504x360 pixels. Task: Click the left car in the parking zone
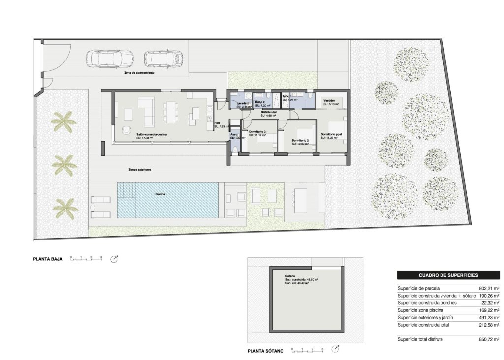(x=109, y=59)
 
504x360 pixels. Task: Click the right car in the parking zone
(x=163, y=59)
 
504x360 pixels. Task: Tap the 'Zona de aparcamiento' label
(x=139, y=72)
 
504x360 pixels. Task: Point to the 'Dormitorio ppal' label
(x=331, y=134)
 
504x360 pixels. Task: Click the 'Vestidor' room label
(x=328, y=100)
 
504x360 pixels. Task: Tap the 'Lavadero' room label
(x=243, y=103)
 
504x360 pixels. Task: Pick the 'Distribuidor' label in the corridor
(x=268, y=112)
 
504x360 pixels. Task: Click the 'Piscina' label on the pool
(x=160, y=194)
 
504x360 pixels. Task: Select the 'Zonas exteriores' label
(x=139, y=169)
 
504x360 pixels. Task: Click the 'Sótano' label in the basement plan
(x=290, y=276)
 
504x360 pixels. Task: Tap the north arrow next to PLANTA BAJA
(x=115, y=259)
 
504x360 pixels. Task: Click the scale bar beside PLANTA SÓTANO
(x=307, y=351)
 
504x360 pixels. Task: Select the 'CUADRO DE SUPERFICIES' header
(x=448, y=276)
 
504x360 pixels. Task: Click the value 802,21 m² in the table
(x=489, y=288)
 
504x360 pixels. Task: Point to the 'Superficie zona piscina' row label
(x=420, y=310)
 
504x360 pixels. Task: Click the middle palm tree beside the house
(x=64, y=164)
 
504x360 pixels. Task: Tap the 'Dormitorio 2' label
(x=300, y=141)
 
